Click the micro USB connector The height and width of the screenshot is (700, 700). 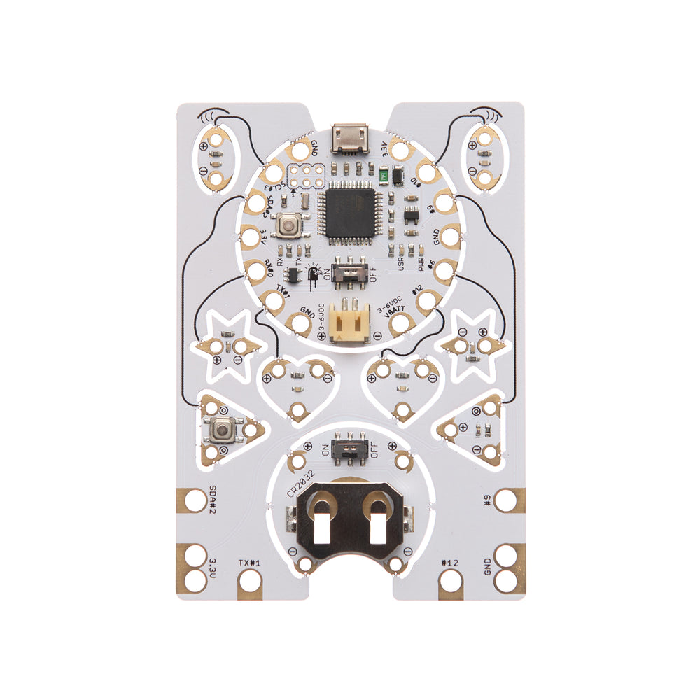[x=351, y=137]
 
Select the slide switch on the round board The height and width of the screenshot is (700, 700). [x=350, y=270]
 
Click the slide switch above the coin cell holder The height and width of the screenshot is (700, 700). [x=350, y=448]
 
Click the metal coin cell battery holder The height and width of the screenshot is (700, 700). [x=350, y=521]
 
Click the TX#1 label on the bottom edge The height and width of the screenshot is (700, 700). [x=249, y=562]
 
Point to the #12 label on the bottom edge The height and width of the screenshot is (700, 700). [x=450, y=562]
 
